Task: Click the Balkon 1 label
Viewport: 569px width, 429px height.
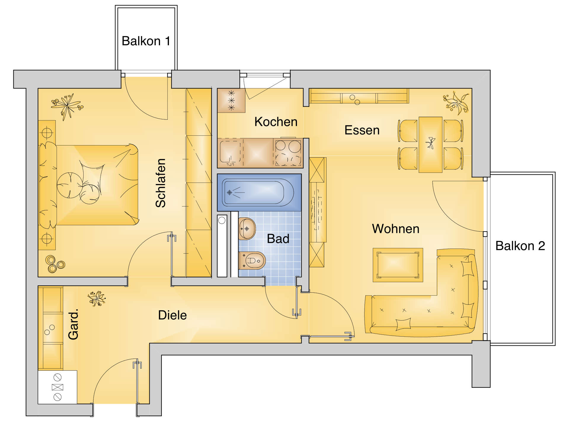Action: [x=146, y=41]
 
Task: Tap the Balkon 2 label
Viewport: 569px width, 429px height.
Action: [x=520, y=246]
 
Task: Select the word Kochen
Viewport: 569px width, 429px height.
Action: [x=276, y=122]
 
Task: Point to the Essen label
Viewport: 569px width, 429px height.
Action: [x=362, y=130]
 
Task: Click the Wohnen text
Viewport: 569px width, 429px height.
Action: [x=396, y=229]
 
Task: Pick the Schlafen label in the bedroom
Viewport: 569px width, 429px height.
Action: [x=161, y=183]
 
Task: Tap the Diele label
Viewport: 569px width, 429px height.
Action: [x=172, y=315]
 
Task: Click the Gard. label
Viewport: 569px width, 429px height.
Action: [x=73, y=324]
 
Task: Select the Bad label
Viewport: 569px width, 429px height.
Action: [x=278, y=239]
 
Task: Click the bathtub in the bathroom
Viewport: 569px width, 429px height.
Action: [x=258, y=192]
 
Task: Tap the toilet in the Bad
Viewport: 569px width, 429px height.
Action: [x=252, y=260]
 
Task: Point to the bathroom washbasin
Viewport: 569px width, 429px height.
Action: [x=247, y=229]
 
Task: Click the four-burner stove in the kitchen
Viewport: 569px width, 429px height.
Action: [x=288, y=153]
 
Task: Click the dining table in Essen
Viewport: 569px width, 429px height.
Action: [x=430, y=145]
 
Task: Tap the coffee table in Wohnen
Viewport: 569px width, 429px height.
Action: [x=398, y=265]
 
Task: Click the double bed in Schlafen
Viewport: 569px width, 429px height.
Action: [x=89, y=185]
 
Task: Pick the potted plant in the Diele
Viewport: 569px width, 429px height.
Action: [x=97, y=298]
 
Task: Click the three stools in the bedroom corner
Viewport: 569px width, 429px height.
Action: [x=55, y=264]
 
